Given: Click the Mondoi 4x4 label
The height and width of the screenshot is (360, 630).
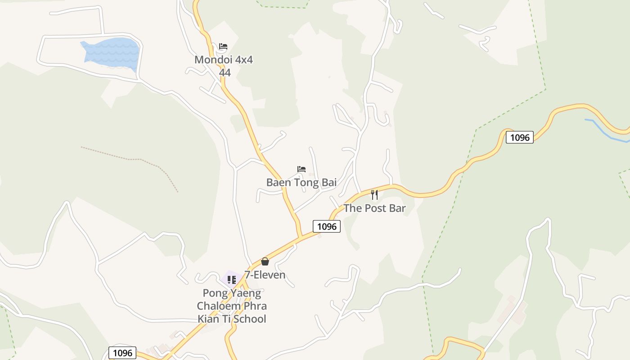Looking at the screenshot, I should tap(224, 60).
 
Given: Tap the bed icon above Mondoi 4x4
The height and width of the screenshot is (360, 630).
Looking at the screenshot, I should tap(223, 46).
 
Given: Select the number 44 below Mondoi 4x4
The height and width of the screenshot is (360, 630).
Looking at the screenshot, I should tap(225, 72).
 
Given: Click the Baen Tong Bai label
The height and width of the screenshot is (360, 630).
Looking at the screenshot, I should tap(301, 182).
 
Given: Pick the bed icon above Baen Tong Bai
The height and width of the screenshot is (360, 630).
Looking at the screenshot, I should tap(301, 169).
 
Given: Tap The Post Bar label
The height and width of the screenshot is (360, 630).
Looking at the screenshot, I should tap(374, 208).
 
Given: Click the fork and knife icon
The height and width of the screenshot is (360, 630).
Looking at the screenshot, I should tap(374, 195).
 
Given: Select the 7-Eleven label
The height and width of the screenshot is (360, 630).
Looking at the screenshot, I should tap(265, 274).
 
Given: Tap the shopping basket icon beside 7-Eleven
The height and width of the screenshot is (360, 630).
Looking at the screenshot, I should tap(265, 261).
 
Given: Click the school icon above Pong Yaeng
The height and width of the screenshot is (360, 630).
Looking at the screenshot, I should tap(232, 280).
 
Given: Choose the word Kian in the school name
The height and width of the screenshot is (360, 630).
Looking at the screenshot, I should tap(208, 319).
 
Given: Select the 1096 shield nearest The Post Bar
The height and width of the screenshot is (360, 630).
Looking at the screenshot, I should tap(327, 226).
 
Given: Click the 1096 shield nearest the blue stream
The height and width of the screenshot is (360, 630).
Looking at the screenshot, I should tap(519, 137).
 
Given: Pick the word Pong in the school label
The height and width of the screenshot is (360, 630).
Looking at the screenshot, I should tap(215, 293).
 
